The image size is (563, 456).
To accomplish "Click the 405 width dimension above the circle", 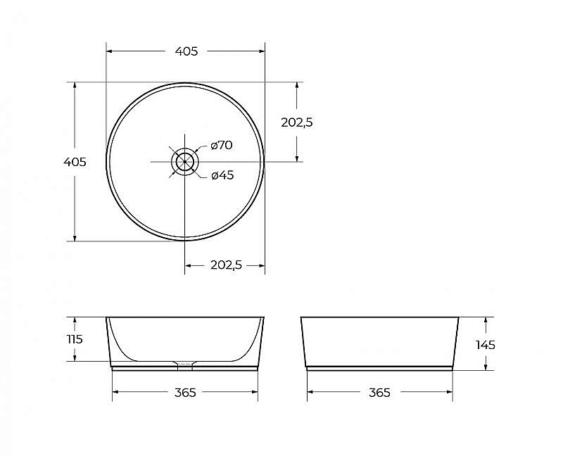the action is click(186, 51).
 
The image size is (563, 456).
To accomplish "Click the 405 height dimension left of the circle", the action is click(75, 162).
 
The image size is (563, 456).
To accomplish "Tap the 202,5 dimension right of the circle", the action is click(297, 122).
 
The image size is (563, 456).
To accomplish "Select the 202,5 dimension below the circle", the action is click(226, 265).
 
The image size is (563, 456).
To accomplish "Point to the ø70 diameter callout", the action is click(222, 145).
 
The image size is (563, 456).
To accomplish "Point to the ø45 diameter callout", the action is click(222, 175).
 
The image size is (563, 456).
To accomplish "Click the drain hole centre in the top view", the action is click(184, 162).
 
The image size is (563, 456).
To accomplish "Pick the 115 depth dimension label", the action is click(75, 339).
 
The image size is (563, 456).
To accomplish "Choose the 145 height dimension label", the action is click(486, 345).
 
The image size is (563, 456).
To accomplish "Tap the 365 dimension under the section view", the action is click(185, 393).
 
